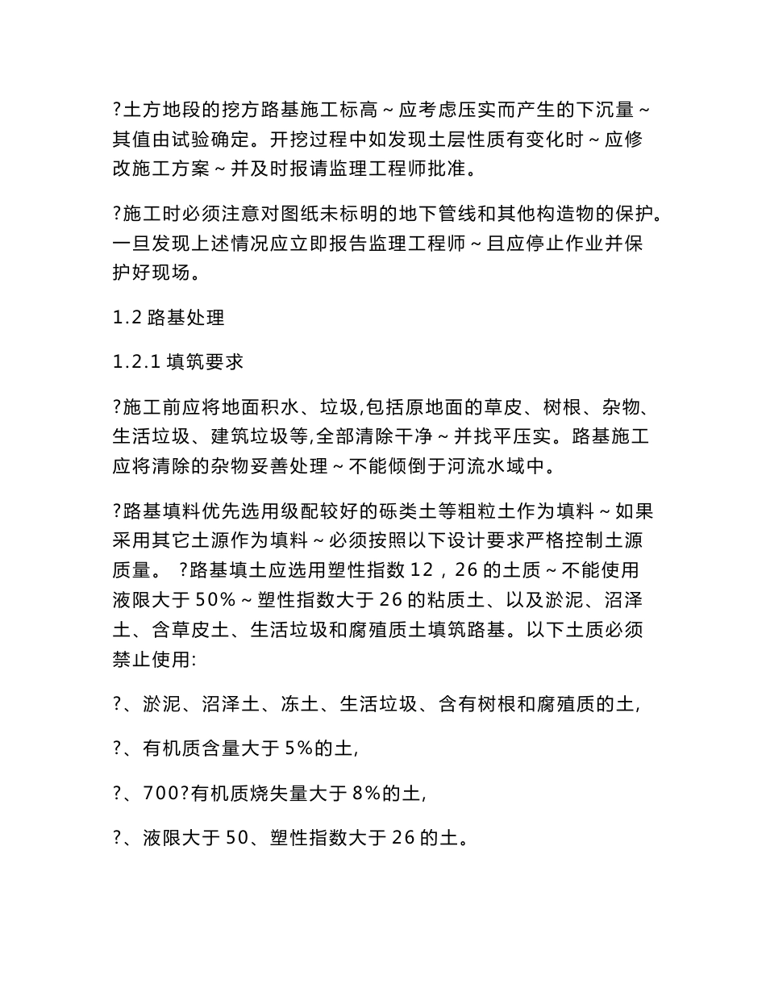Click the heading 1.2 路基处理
click(x=169, y=317)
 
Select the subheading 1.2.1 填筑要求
click(x=178, y=362)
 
